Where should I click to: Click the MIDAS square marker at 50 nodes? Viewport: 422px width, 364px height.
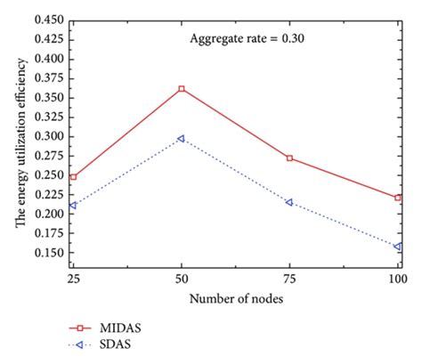click(x=182, y=89)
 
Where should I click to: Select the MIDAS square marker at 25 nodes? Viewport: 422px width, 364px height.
click(x=73, y=177)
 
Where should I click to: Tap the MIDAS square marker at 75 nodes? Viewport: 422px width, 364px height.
click(x=289, y=158)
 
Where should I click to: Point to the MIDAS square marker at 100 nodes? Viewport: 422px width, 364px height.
click(x=398, y=198)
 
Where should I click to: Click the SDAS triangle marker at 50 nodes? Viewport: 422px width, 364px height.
click(x=182, y=139)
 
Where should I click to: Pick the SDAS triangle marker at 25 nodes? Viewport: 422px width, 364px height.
click(x=73, y=206)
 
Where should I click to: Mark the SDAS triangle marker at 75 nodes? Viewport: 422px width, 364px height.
click(x=289, y=203)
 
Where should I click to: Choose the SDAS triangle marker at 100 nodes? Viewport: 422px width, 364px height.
click(x=398, y=247)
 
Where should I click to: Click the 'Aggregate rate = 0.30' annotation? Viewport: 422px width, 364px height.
click(x=243, y=38)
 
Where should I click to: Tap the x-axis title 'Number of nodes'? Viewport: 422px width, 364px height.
click(x=237, y=299)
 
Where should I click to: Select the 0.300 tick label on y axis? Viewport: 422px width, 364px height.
click(x=47, y=136)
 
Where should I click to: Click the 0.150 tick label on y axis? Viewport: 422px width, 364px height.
click(x=47, y=253)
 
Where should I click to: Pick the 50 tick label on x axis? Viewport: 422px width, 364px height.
click(x=182, y=279)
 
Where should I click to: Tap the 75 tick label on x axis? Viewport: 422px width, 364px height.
click(x=289, y=279)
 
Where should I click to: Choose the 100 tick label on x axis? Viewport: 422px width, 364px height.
click(x=396, y=279)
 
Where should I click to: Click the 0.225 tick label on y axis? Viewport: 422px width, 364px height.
click(x=47, y=194)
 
